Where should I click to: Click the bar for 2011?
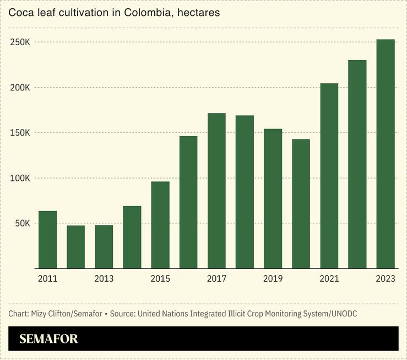click(47, 240)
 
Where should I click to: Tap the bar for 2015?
click(160, 225)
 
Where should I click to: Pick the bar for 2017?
click(216, 191)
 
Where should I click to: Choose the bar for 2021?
click(329, 176)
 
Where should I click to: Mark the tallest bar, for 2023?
click(386, 154)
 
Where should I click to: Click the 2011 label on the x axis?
click(47, 279)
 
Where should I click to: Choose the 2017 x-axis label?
click(216, 279)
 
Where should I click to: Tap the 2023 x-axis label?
click(386, 279)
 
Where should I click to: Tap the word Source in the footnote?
click(124, 314)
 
